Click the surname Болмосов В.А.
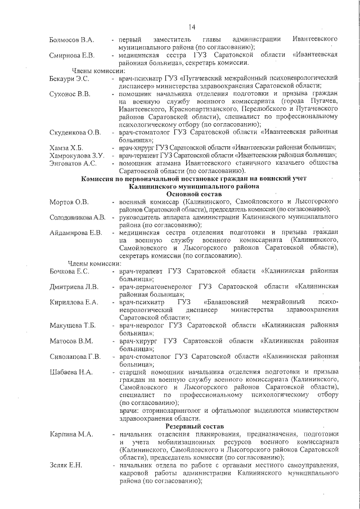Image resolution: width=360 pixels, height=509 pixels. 71,39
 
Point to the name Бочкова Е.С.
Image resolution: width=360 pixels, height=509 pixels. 70,271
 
